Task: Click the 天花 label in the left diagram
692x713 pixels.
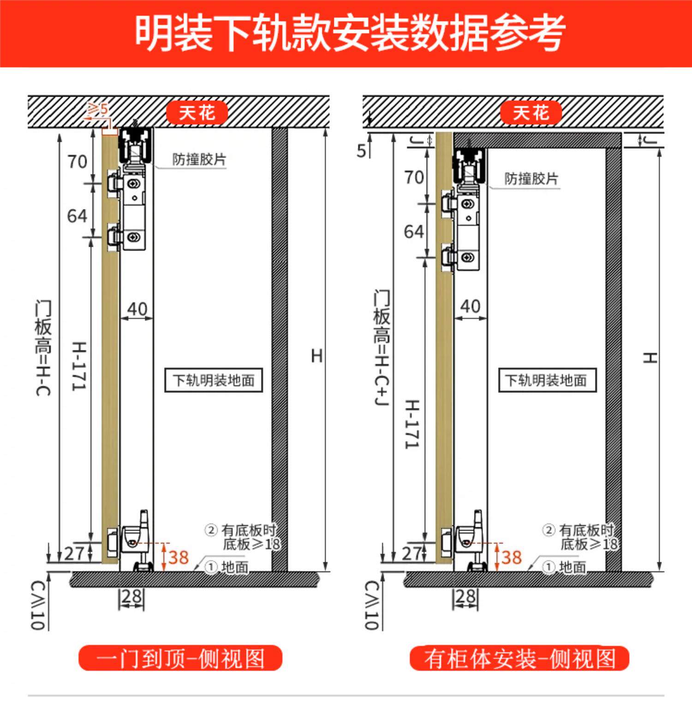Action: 197,113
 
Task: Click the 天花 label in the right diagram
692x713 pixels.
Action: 531,113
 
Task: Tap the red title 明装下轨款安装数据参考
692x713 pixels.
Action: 350,32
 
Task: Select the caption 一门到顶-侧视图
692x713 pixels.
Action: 180,658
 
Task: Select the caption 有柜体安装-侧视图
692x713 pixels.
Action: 519,658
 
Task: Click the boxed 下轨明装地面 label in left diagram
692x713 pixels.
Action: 214,380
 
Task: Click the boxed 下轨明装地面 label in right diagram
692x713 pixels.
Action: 547,380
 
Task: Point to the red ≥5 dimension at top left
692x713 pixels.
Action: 98,109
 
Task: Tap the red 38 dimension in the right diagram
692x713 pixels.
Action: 511,557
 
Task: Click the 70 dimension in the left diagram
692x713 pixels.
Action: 77,162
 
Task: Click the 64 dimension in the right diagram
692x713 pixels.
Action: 413,232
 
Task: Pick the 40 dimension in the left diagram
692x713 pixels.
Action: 137,309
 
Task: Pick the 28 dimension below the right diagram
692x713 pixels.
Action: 465,597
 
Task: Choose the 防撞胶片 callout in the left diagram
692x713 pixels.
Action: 199,160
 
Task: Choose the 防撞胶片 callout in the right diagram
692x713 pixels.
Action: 531,178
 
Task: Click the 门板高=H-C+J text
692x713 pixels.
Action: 382,348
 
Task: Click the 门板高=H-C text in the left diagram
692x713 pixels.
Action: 43,348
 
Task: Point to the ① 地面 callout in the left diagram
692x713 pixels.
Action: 227,567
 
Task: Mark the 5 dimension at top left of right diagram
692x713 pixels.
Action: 361,151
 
